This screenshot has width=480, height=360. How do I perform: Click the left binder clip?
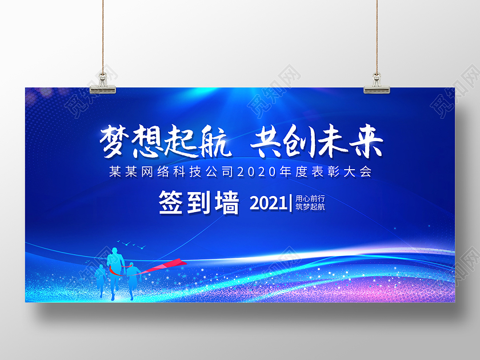tap(104, 82)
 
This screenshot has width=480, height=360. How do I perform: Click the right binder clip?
tap(377, 82)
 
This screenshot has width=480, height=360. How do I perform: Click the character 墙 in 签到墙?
tap(226, 203)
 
